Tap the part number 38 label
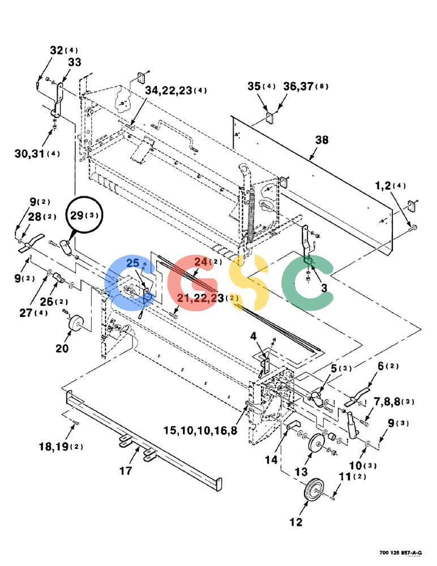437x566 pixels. point(322,139)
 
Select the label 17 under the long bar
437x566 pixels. point(125,471)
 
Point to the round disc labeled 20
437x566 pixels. point(75,322)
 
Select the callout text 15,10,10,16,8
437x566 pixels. point(200,430)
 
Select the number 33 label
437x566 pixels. point(75,62)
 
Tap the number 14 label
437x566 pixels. point(271,460)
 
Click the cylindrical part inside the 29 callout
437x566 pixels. point(66,248)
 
